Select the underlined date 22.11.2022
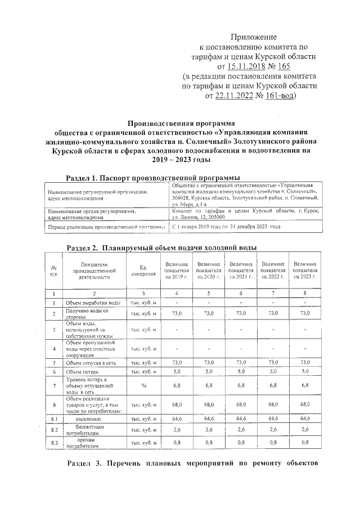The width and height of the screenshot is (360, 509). point(235,96)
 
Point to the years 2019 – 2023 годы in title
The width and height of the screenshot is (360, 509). point(179,160)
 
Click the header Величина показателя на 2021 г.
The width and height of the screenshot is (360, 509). point(240,271)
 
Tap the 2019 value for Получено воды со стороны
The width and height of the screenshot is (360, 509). point(177,313)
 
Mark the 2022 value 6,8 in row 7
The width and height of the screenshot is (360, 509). point(272,386)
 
